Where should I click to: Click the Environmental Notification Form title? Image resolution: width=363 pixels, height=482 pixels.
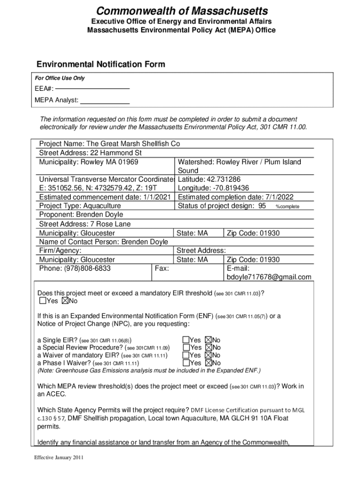pos(101,64)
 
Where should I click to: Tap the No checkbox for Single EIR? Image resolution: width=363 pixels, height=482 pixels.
pos(209,340)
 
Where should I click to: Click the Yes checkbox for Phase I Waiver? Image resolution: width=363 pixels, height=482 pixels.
pos(186,363)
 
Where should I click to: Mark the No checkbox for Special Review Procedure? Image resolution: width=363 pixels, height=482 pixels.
pos(209,347)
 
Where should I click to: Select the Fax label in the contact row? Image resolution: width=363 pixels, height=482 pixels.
pos(162,268)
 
